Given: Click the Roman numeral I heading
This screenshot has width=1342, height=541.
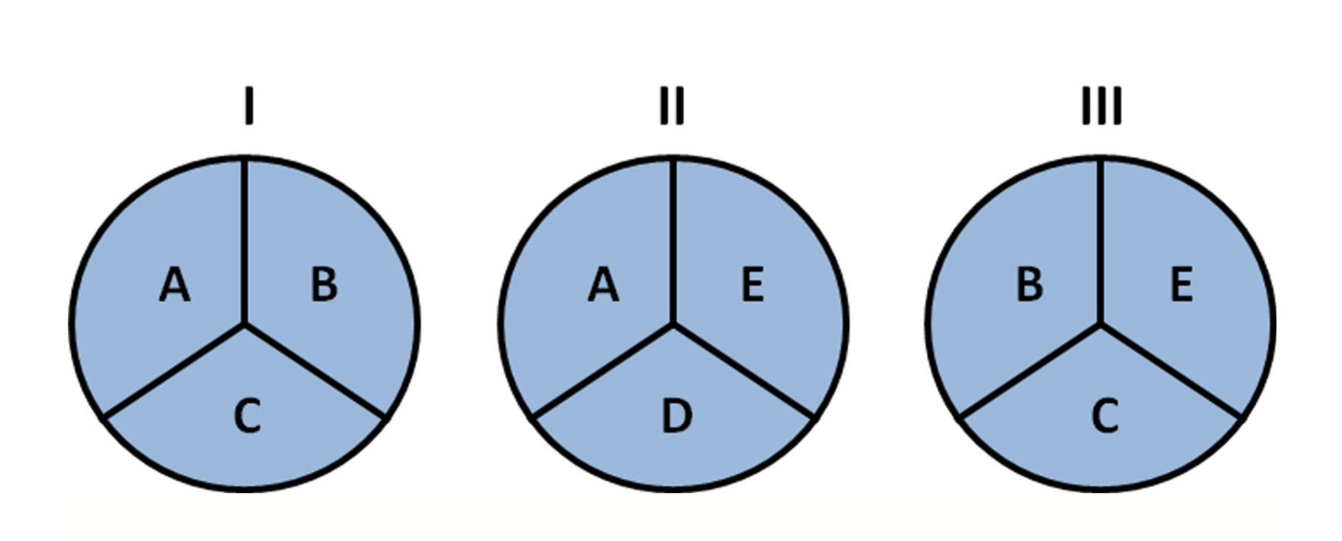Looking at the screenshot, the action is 248,106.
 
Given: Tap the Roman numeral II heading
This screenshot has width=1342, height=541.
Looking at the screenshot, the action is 672,106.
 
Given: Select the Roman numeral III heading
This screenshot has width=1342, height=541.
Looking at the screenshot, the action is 1102,106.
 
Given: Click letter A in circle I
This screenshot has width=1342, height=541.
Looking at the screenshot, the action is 175,284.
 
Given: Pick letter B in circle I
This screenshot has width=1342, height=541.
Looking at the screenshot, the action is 324,284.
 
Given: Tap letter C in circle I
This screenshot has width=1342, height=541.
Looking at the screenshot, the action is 247,417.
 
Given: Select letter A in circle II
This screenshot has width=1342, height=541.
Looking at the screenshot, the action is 603,284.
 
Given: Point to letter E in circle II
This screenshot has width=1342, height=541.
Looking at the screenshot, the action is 752,284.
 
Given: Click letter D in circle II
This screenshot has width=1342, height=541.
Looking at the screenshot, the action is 676,417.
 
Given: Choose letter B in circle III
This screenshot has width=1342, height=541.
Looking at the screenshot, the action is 1030,284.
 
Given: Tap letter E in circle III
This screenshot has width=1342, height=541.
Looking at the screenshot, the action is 1181,284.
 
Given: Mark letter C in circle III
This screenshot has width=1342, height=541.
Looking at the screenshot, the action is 1105,417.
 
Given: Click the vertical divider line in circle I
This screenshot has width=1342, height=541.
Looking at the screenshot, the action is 244,241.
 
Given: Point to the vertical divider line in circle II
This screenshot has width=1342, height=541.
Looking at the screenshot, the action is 673,241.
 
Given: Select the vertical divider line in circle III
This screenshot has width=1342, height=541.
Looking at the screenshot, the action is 1102,241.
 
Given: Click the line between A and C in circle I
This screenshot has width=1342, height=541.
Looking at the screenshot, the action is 174,371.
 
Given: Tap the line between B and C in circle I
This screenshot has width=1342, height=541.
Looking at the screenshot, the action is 314,371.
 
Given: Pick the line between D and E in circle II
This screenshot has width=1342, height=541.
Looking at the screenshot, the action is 743,371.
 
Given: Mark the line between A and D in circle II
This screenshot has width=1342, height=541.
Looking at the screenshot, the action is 603,371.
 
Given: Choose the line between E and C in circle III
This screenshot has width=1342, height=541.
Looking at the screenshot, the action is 1172,371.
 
